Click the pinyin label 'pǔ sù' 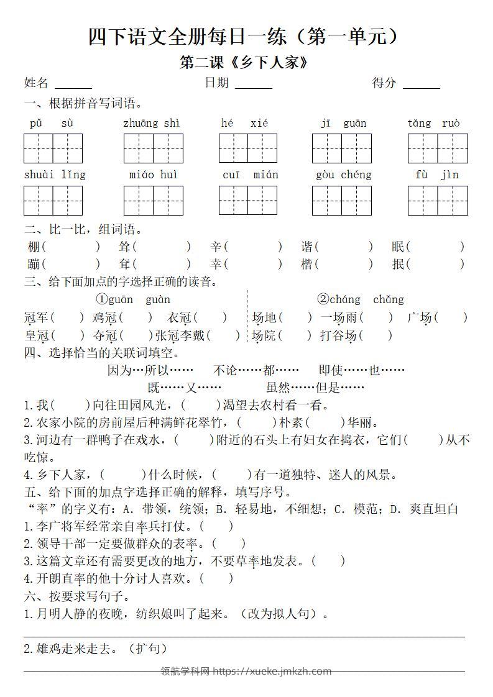pos(52,123)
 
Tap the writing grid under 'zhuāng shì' pos(153,148)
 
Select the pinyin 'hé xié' pos(244,123)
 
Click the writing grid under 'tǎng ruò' pos(438,148)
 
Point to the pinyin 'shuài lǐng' pos(55,175)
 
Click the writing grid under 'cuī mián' pos(247,200)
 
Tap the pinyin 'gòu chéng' pos(343,175)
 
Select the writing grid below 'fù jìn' pos(438,200)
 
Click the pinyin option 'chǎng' pos(389,299)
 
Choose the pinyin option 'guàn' pos(158,299)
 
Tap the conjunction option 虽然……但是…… pos(315,388)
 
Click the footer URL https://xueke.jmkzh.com pos(272,671)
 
